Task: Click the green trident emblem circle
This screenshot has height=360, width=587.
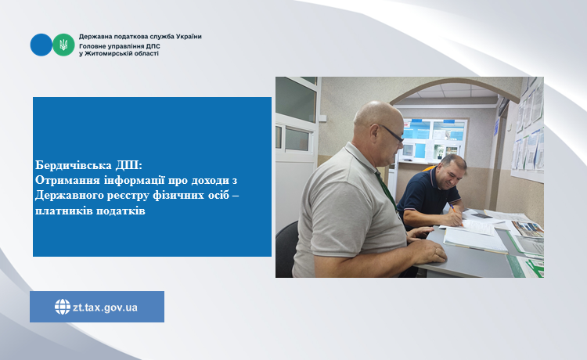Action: click(x=63, y=45)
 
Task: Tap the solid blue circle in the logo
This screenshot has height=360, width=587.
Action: click(x=41, y=45)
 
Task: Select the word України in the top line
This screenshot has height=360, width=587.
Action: click(x=189, y=36)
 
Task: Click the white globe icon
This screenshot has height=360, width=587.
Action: click(x=63, y=307)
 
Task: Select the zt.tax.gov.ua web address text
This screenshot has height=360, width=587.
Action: click(x=105, y=308)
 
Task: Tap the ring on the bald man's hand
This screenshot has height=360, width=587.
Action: click(x=435, y=249)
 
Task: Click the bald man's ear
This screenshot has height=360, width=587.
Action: click(x=374, y=131)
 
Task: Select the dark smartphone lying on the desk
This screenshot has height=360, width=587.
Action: click(x=481, y=216)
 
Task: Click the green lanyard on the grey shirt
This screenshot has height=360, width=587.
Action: click(x=386, y=192)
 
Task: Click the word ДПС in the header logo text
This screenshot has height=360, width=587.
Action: click(x=153, y=46)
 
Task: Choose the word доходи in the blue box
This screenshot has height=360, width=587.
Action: click(x=210, y=180)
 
